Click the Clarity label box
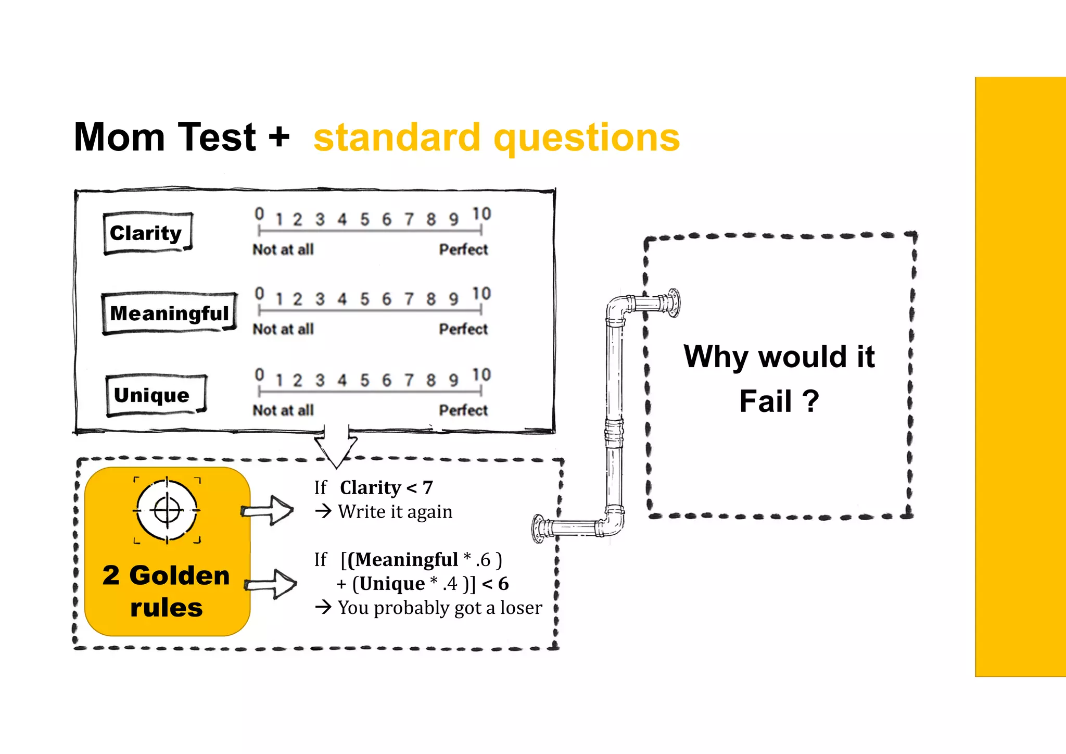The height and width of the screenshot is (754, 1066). [x=147, y=233]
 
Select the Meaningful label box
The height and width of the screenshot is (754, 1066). [x=169, y=313]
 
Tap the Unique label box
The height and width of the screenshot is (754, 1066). [x=155, y=395]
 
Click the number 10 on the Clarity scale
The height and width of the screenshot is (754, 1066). [x=481, y=214]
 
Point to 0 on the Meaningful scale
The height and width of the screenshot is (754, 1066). [x=259, y=294]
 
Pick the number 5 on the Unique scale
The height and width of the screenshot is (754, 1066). [x=364, y=380]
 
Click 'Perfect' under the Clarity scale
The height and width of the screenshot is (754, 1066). [x=463, y=250]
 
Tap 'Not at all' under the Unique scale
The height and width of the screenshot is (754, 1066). [x=283, y=410]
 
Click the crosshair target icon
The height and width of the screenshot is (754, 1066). [x=167, y=510]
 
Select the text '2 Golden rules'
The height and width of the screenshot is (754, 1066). [x=167, y=591]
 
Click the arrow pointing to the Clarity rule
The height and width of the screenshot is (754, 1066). [x=268, y=510]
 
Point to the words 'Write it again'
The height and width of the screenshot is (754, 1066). [x=395, y=512]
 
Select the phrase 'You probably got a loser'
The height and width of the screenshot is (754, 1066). [x=440, y=608]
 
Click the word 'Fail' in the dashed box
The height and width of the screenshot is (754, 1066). [x=765, y=401]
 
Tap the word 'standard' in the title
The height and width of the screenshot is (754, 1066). [x=397, y=137]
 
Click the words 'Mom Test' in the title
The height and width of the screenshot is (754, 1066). [x=165, y=137]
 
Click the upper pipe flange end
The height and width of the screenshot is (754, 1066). [x=674, y=302]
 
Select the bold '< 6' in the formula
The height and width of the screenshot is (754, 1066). [x=495, y=584]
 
